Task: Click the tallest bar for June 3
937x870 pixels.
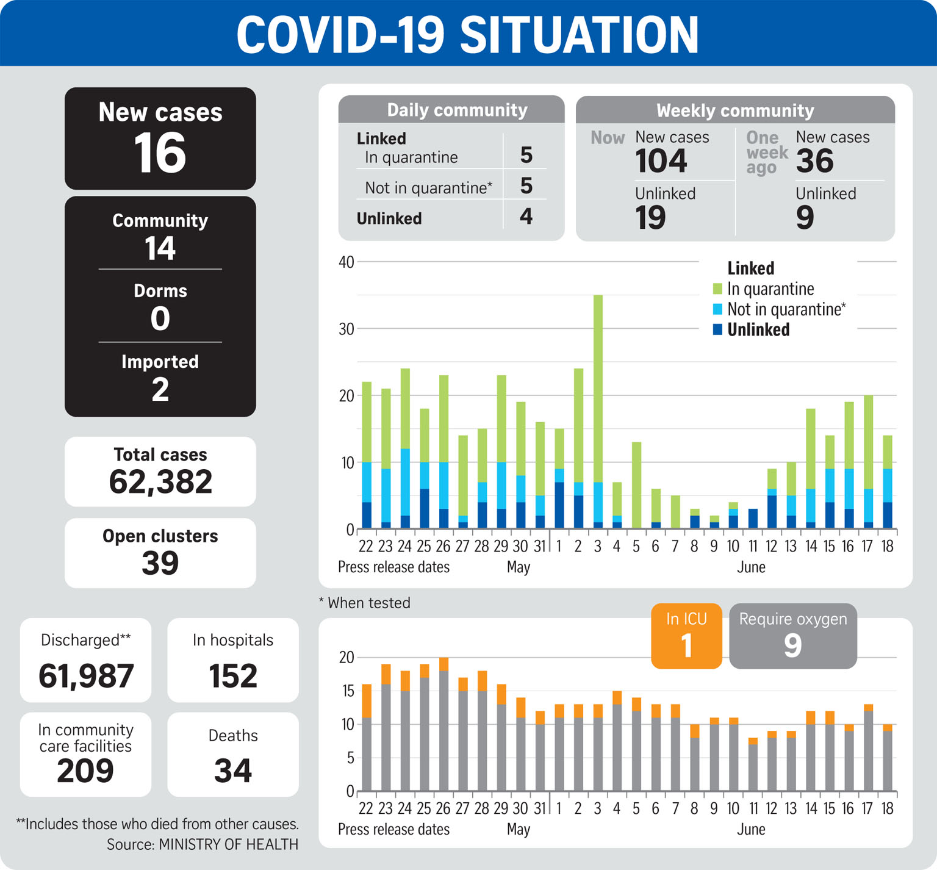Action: [x=598, y=412]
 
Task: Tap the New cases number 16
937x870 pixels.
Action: [x=160, y=153]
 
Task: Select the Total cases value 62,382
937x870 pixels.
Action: [x=160, y=482]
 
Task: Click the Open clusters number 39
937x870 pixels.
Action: [x=160, y=563]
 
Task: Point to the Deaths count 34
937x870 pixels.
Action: [x=233, y=771]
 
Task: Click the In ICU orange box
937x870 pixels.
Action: [x=686, y=636]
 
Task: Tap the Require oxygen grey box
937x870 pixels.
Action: [x=793, y=636]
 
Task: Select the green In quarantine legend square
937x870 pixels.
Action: [x=717, y=289]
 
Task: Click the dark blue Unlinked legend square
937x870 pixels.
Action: [x=717, y=329]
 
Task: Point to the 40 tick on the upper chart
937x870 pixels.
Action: [x=346, y=262]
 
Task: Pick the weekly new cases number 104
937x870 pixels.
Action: [x=661, y=161]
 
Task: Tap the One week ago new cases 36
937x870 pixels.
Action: [x=814, y=161]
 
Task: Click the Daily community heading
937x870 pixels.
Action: [x=457, y=110]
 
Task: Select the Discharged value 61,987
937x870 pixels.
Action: [x=86, y=676]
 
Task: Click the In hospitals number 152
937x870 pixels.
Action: [x=233, y=676]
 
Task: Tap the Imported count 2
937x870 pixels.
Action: [x=160, y=389]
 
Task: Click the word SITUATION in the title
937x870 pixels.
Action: [x=579, y=35]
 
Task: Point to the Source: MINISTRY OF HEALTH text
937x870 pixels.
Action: [x=203, y=844]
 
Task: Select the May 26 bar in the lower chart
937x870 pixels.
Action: [x=443, y=724]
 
